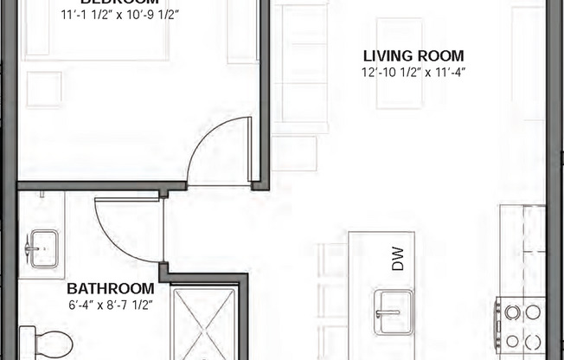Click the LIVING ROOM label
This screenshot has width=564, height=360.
[413, 56]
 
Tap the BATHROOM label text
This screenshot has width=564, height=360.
[111, 288]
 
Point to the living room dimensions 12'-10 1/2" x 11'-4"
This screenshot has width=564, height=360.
[413, 74]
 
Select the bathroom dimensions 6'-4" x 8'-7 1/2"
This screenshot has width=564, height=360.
[111, 304]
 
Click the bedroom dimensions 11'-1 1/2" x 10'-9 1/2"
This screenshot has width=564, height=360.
[120, 15]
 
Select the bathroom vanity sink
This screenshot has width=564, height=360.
[41, 249]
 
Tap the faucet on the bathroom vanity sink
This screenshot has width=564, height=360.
[31, 249]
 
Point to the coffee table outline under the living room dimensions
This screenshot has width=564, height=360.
[399, 65]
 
